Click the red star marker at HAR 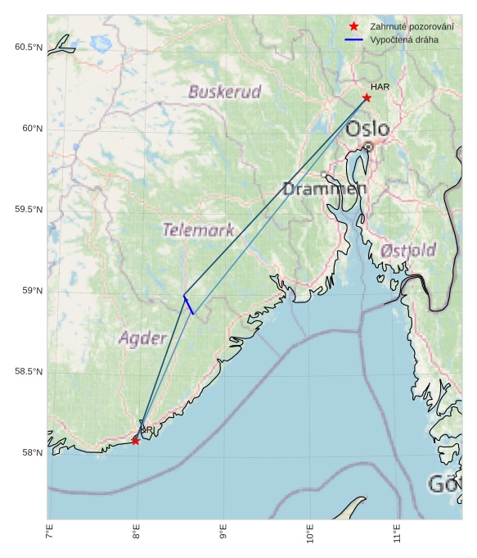367,98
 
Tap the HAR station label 380,87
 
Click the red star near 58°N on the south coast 135,441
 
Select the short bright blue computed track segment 188,304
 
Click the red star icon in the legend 353,26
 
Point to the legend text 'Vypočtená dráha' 403,39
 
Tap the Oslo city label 367,129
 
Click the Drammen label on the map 324,188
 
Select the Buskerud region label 224,92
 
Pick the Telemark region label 198,229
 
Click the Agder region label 143,338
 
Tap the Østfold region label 408,250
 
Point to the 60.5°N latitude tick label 29,48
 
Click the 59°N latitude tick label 31,291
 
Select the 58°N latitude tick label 31,452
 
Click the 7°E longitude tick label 50,533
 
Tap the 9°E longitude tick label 223,533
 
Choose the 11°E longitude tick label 397,535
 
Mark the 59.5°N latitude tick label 29,210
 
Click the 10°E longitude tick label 310,535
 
